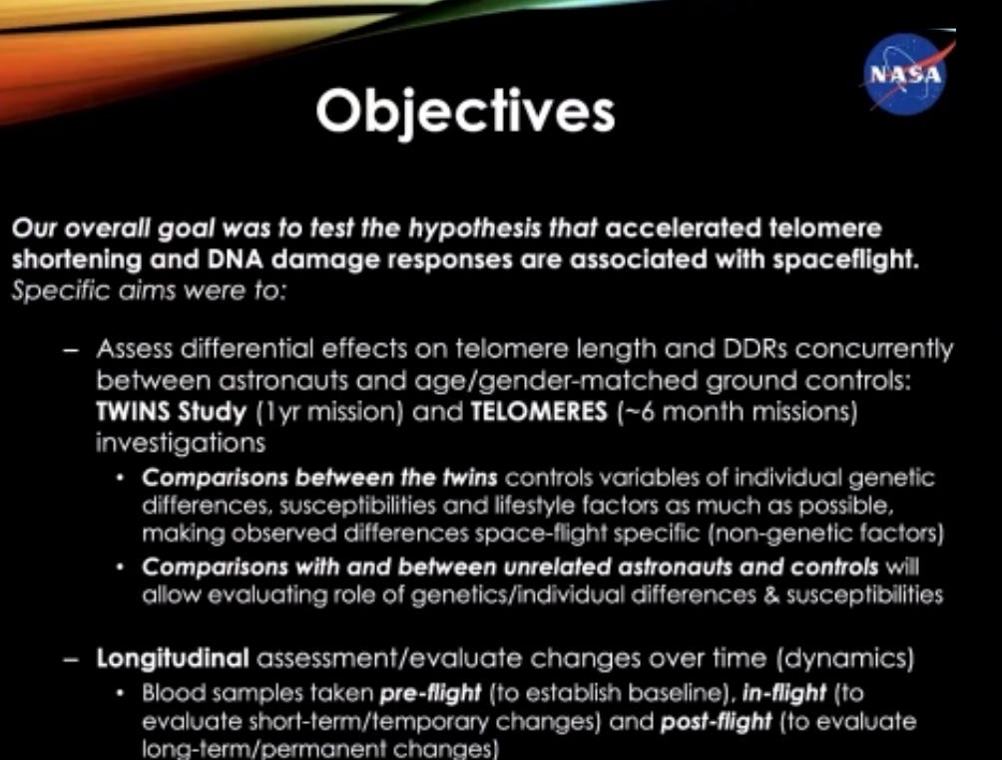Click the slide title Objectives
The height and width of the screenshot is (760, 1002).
pos(465,112)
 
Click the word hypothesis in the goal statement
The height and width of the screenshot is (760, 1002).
pos(474,229)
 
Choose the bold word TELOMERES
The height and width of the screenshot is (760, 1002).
pos(539,411)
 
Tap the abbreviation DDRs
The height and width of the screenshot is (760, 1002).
pos(754,349)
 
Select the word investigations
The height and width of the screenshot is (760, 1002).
pos(181,443)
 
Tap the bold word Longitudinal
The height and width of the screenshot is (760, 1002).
pos(173,658)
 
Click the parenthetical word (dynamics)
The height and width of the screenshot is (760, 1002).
pos(844,658)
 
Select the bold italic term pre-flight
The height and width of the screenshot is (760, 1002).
pos(430,693)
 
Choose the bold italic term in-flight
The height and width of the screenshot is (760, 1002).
pos(784,693)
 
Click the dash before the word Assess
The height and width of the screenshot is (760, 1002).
pos(71,351)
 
